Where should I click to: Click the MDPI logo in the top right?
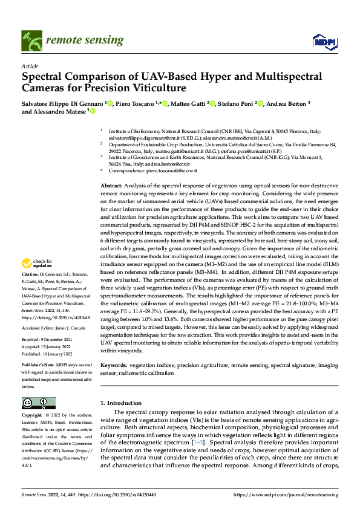[x=322, y=41]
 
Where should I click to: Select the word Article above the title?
[x=29, y=66]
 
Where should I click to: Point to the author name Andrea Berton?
[x=287, y=104]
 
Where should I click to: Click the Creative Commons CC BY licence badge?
[x=39, y=403]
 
